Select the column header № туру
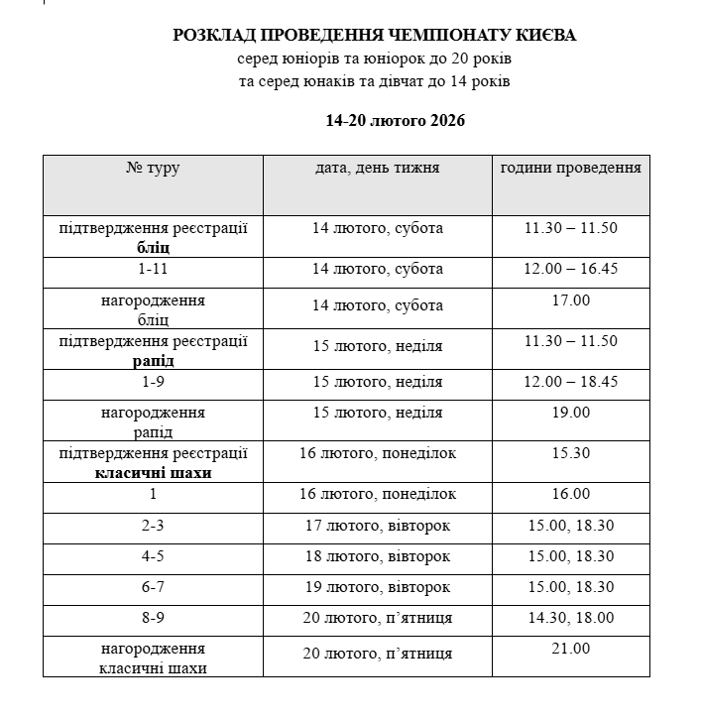pos(153,168)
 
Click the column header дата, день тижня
pos(377,168)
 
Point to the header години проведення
pos(570,168)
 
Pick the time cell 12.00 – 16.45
pos(570,269)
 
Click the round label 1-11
pos(153,269)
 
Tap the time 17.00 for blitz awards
pos(570,300)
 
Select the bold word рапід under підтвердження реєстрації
pos(153,360)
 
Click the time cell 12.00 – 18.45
pos(570,381)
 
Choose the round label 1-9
pos(153,381)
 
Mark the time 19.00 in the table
pos(570,412)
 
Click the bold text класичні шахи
pos(153,473)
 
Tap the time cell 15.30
pos(570,453)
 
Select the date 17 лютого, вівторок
pos(377,526)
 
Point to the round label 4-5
pos(153,556)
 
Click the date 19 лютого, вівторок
pos(377,587)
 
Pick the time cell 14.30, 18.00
pos(570,618)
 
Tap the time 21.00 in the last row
pos(570,649)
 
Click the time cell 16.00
pos(570,494)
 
